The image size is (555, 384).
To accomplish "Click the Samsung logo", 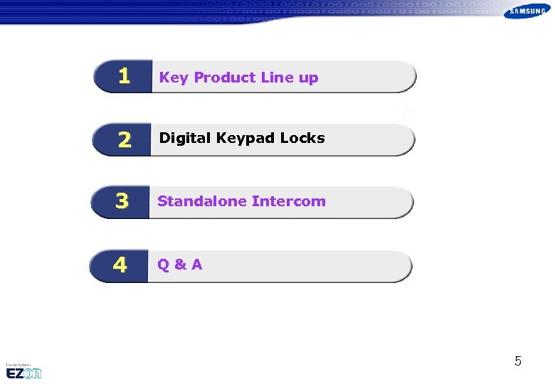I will click(x=528, y=11).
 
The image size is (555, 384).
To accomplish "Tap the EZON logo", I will click(x=24, y=373).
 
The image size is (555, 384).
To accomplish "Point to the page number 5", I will click(x=518, y=361).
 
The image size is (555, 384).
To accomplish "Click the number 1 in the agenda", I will click(x=125, y=76).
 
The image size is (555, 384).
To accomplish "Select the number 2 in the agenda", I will click(x=125, y=140).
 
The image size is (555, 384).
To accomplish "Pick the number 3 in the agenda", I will click(x=122, y=202).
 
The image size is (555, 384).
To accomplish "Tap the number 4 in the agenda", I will click(x=120, y=265).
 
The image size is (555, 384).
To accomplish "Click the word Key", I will click(x=174, y=78).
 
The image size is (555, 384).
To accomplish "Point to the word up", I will click(x=308, y=79).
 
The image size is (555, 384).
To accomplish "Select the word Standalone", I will click(x=202, y=201).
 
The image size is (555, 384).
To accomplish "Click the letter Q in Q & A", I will click(x=164, y=265).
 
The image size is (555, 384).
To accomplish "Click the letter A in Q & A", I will click(x=196, y=265).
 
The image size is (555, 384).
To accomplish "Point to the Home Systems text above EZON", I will click(x=20, y=363).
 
